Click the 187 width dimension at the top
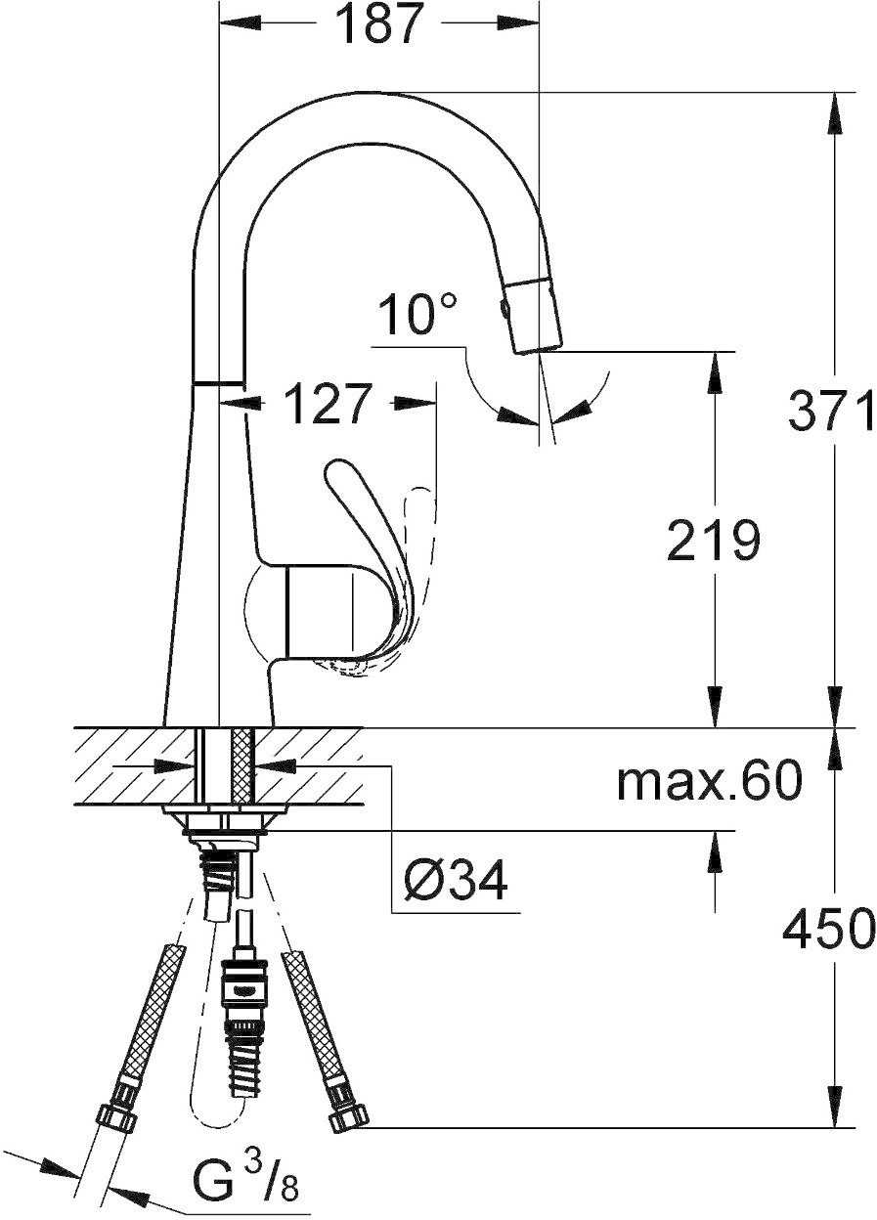[x=378, y=24]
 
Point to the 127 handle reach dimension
[x=327, y=404]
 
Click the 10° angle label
[x=417, y=314]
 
